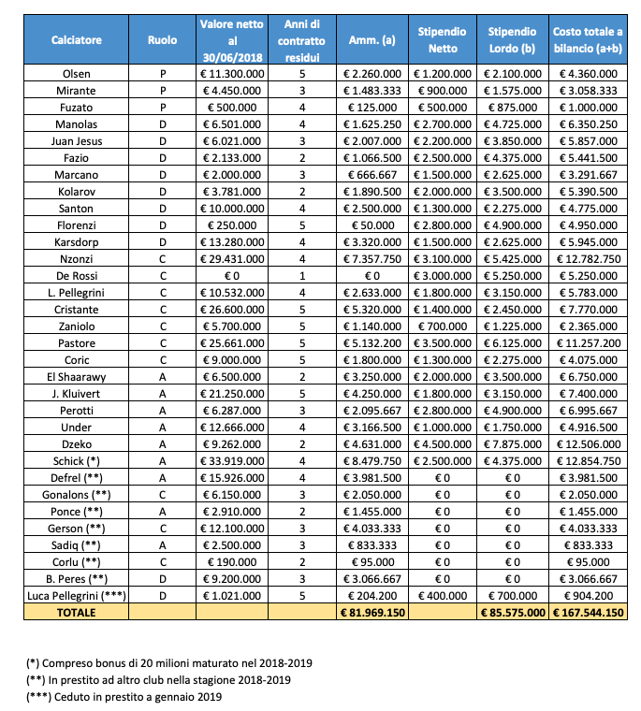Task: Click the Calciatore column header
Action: click(x=77, y=40)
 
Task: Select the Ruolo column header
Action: click(x=162, y=40)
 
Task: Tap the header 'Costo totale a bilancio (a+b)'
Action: click(x=587, y=40)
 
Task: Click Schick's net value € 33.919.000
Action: click(x=231, y=462)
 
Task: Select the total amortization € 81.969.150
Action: click(x=371, y=613)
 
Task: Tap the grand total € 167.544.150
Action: click(x=587, y=613)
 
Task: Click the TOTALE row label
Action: click(x=77, y=613)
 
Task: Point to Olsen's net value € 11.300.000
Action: click(x=231, y=73)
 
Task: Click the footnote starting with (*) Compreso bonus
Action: click(x=169, y=663)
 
